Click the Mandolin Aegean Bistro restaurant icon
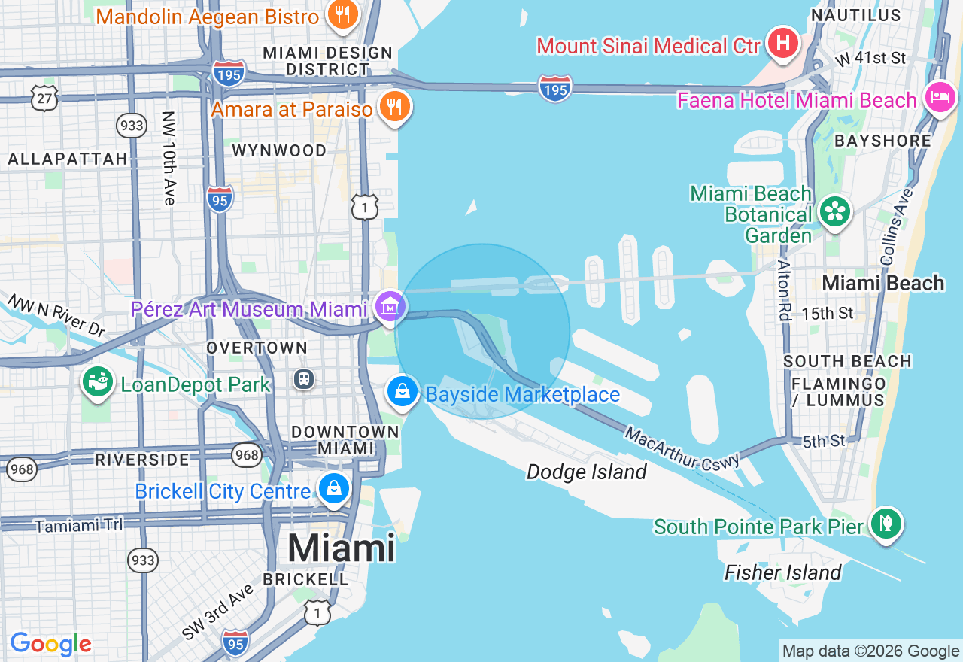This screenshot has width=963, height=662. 342,14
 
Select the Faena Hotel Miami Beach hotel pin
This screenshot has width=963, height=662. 940,97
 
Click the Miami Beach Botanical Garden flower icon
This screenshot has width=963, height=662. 834,211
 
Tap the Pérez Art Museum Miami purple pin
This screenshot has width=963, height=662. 390,307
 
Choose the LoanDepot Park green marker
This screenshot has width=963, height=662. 98,382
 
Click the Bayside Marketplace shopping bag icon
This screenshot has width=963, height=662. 403,392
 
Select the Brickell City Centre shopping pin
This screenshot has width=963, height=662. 333,487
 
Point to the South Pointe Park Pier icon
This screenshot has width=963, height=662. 886,523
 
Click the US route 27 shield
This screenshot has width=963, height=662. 44,98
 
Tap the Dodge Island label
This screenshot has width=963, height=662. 586,472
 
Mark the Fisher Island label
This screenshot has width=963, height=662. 782,572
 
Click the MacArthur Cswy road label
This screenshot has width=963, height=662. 682,449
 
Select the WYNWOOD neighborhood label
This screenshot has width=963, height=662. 279,150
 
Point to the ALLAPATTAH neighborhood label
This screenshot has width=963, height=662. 68,159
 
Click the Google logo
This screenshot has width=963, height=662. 50,644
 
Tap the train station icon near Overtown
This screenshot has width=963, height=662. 304,378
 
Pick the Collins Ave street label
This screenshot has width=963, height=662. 895,226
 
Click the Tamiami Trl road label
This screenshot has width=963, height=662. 79,525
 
